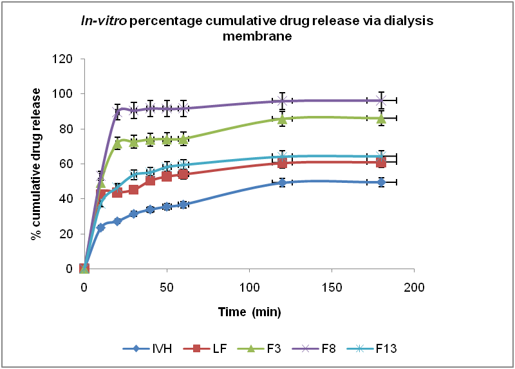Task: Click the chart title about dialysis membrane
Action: pyautogui.click(x=257, y=28)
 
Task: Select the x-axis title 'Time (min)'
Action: pyautogui.click(x=248, y=311)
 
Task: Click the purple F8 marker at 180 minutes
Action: pyautogui.click(x=381, y=100)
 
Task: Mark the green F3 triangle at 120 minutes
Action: pyautogui.click(x=282, y=118)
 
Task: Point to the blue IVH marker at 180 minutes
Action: pyautogui.click(x=381, y=182)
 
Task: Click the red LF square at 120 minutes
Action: pyautogui.click(x=282, y=162)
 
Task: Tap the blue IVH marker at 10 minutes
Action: pyautogui.click(x=100, y=227)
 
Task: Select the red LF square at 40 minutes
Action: pyautogui.click(x=150, y=180)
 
